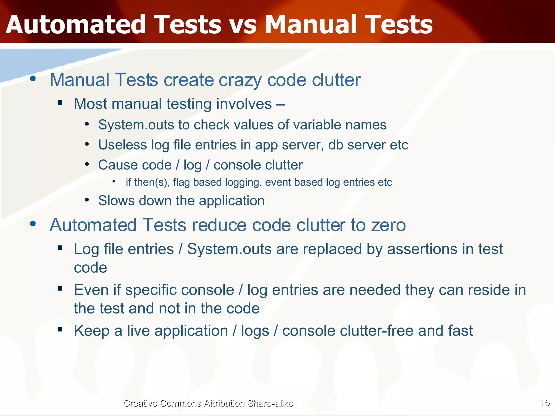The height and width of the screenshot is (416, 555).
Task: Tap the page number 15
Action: click(x=544, y=403)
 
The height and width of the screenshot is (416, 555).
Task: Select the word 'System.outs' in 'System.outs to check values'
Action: click(x=136, y=125)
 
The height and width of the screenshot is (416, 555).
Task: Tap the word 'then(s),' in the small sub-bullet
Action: click(x=152, y=182)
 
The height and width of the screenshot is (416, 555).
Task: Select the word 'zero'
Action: click(x=388, y=225)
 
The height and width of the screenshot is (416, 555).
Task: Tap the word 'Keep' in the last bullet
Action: click(x=92, y=331)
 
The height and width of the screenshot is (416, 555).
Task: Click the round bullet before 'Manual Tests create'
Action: click(x=33, y=79)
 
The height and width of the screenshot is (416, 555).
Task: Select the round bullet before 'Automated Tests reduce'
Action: click(x=33, y=224)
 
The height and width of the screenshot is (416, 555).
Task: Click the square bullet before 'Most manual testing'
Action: click(x=60, y=102)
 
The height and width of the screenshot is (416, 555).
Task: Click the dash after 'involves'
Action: click(x=281, y=104)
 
